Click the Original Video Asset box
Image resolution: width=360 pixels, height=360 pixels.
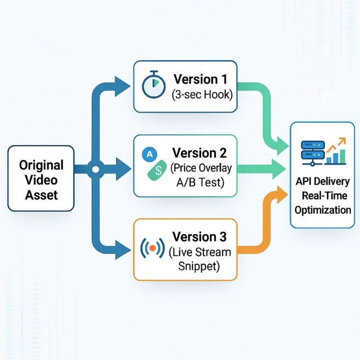tap(40, 178)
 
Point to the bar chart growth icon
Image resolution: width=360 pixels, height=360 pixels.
tap(336, 152)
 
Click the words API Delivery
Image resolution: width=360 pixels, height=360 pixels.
tap(322, 182)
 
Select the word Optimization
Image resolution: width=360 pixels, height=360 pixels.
tap(322, 210)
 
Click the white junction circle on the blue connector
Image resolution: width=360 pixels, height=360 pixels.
tap(95, 169)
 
